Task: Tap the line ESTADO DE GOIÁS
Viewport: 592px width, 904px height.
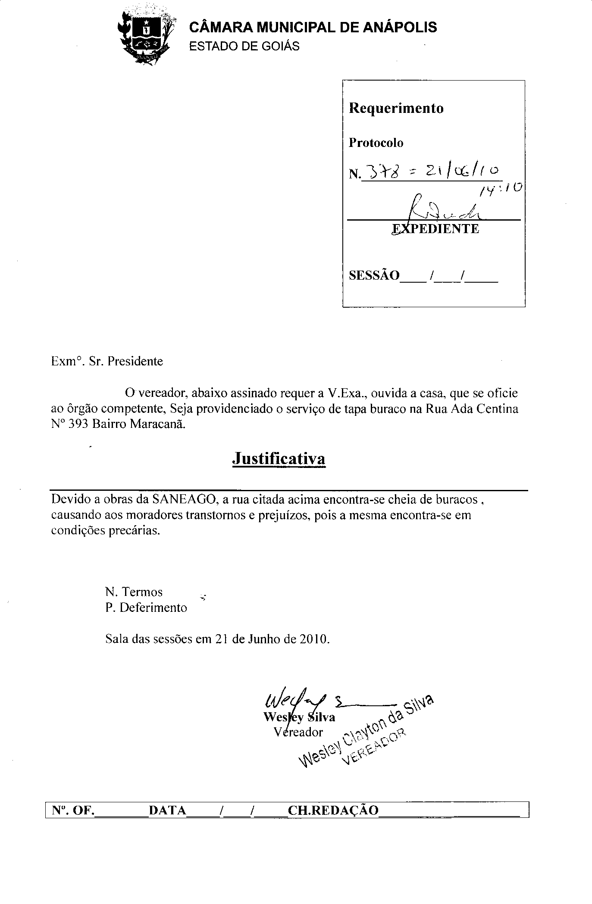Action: click(x=244, y=47)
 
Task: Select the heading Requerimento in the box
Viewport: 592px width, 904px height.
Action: click(x=396, y=108)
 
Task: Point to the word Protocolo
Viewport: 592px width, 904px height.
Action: click(x=376, y=143)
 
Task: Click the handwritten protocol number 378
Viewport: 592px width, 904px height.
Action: click(x=377, y=173)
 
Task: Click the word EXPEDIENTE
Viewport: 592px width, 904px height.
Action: click(x=435, y=229)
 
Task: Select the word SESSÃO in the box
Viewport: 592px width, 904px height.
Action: click(x=374, y=275)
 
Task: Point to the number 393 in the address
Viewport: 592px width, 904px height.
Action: click(x=78, y=424)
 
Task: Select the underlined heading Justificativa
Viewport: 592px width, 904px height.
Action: click(x=279, y=458)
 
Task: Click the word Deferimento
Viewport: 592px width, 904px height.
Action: click(x=153, y=608)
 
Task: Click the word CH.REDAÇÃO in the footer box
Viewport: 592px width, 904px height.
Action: click(x=333, y=810)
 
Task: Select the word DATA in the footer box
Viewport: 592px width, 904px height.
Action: click(x=167, y=810)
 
